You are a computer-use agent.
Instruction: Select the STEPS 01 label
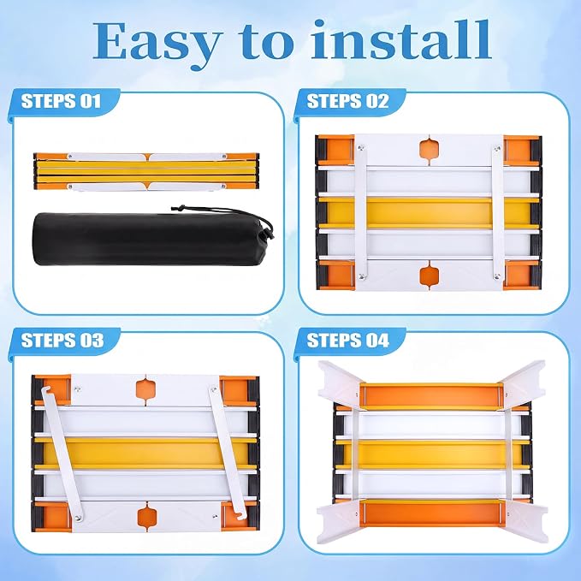(61, 101)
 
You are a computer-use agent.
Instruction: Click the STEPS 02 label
(347, 101)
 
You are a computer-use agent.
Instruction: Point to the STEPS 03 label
(62, 341)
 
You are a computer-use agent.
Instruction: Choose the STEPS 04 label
(347, 341)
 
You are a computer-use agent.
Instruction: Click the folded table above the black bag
(146, 171)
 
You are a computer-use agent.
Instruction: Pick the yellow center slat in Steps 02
(429, 212)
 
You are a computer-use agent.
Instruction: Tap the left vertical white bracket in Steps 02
(360, 212)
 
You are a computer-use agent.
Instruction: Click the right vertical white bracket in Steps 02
(498, 212)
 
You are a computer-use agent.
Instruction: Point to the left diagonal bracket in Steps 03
(62, 454)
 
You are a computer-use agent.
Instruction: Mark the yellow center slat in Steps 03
(145, 453)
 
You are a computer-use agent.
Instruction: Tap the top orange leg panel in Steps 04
(432, 395)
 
